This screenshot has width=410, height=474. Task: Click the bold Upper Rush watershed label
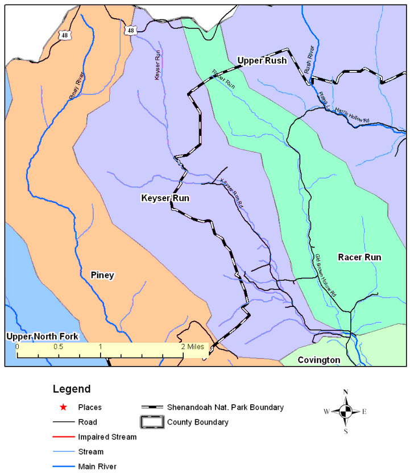point(262,60)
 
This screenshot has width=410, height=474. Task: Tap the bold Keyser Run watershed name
point(165,198)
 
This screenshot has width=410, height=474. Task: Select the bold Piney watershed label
point(102,275)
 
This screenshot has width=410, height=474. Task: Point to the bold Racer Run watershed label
point(359,257)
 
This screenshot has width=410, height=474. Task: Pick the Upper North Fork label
point(42,336)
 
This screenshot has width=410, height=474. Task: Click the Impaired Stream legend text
point(107,437)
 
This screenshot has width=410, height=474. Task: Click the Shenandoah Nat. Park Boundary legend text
point(225,408)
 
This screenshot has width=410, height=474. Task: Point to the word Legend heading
point(72,389)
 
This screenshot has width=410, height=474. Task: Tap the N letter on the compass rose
point(345,392)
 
